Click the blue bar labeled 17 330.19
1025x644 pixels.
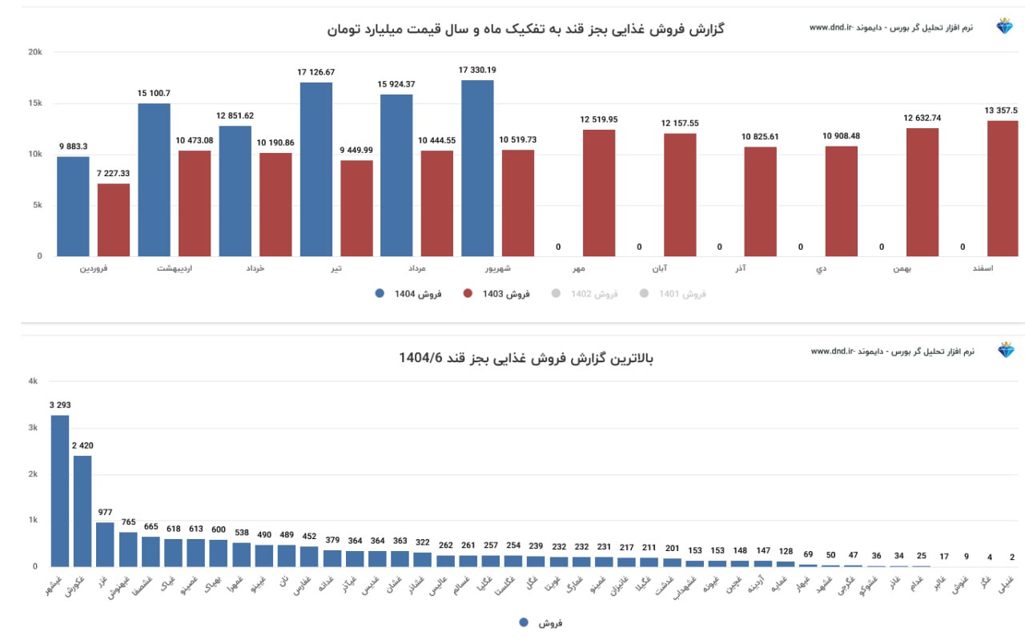tap(477, 168)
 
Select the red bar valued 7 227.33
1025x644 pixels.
tap(114, 220)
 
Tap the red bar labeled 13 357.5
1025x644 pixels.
tap(1003, 188)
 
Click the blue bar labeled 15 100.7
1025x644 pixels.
tap(154, 179)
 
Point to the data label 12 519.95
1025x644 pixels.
tap(599, 120)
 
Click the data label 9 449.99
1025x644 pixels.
tap(356, 150)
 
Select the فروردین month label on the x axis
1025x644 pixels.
tap(94, 268)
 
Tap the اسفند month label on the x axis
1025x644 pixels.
tap(982, 268)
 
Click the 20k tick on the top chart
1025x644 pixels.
tap(35, 52)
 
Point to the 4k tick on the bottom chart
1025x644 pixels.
tap(33, 382)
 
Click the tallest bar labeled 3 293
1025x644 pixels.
tap(60, 490)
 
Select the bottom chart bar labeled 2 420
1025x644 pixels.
tap(82, 511)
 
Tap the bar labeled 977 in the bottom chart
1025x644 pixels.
tap(105, 545)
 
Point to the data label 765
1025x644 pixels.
tap(128, 522)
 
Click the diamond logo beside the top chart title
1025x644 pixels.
tap(1005, 26)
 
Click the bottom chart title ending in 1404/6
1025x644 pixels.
tap(526, 358)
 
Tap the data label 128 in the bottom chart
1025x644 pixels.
tap(786, 551)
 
